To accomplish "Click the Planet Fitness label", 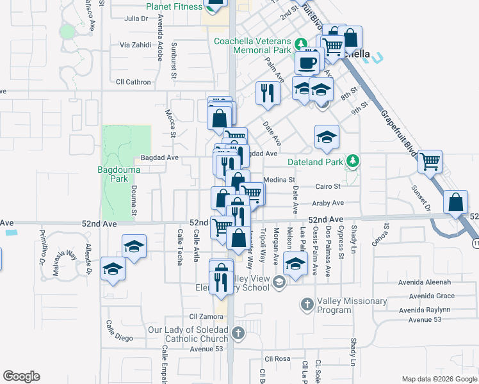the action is point(174,8).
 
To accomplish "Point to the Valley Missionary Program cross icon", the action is point(307,305).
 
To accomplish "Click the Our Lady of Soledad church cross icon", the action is point(238,333).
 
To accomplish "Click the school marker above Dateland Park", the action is point(327,137).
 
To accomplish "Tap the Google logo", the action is point(21,376).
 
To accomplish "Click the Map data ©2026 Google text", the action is point(439,379).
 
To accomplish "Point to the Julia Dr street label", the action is point(136,19).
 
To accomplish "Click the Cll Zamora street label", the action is point(205,316).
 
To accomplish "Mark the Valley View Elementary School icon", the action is point(279,282).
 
